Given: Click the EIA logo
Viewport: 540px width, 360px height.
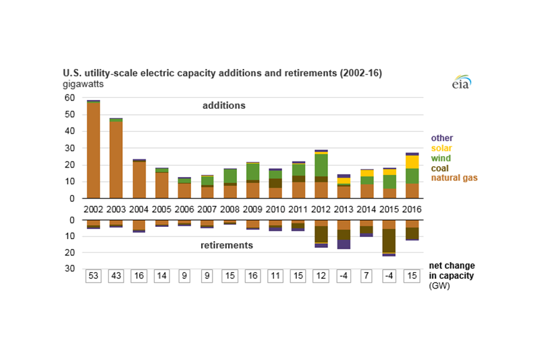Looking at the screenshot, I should [460, 82].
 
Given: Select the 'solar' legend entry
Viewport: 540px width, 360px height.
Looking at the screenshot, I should [442, 148].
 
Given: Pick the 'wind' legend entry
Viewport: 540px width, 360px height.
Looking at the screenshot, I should [441, 157].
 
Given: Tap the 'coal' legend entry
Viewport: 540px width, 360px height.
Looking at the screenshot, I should [441, 168].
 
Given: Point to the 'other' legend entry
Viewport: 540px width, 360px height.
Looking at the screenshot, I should [441, 138].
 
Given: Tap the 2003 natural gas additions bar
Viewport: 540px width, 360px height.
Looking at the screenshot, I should [116, 159].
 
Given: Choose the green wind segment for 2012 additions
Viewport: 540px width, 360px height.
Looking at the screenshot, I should [321, 165].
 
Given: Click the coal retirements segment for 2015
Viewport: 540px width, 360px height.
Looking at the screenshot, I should [389, 240].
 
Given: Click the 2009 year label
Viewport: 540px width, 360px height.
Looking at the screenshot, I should [252, 209].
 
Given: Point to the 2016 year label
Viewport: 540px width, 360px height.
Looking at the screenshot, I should [412, 209].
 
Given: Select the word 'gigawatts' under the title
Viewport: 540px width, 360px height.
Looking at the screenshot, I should [84, 84].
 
